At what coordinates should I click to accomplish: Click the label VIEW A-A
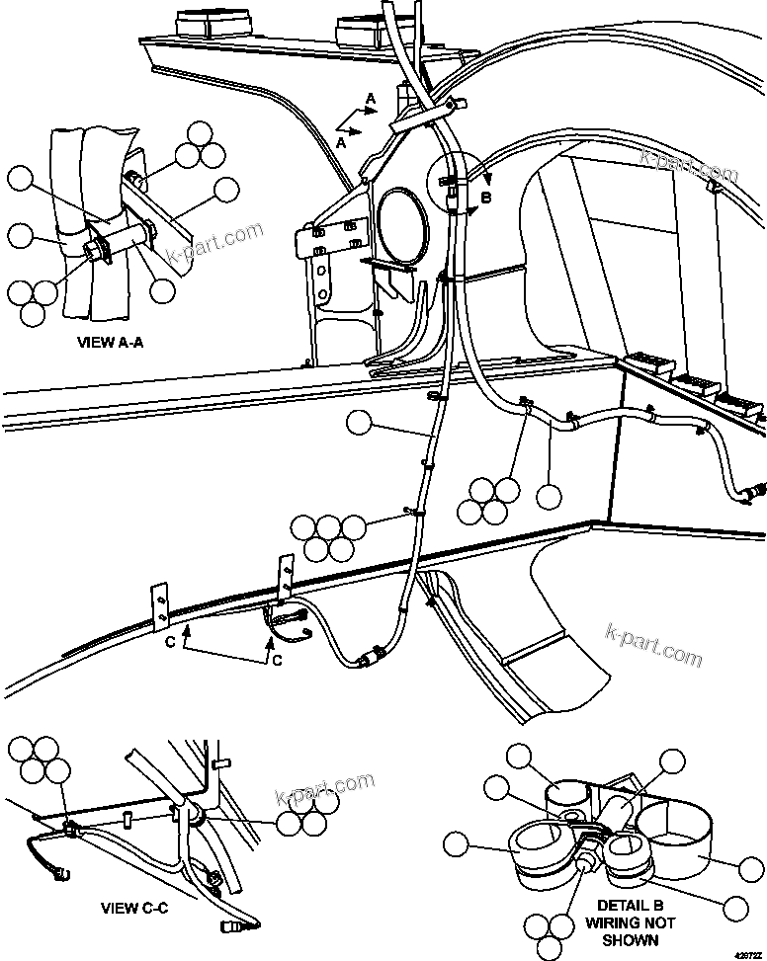click(x=109, y=345)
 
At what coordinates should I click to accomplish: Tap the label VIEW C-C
click(x=134, y=908)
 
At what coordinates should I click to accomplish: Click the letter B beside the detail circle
click(x=484, y=198)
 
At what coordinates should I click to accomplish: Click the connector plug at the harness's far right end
click(x=755, y=489)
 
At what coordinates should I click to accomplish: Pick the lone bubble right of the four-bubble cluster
click(x=549, y=496)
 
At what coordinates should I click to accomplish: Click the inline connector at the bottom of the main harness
click(x=374, y=656)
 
